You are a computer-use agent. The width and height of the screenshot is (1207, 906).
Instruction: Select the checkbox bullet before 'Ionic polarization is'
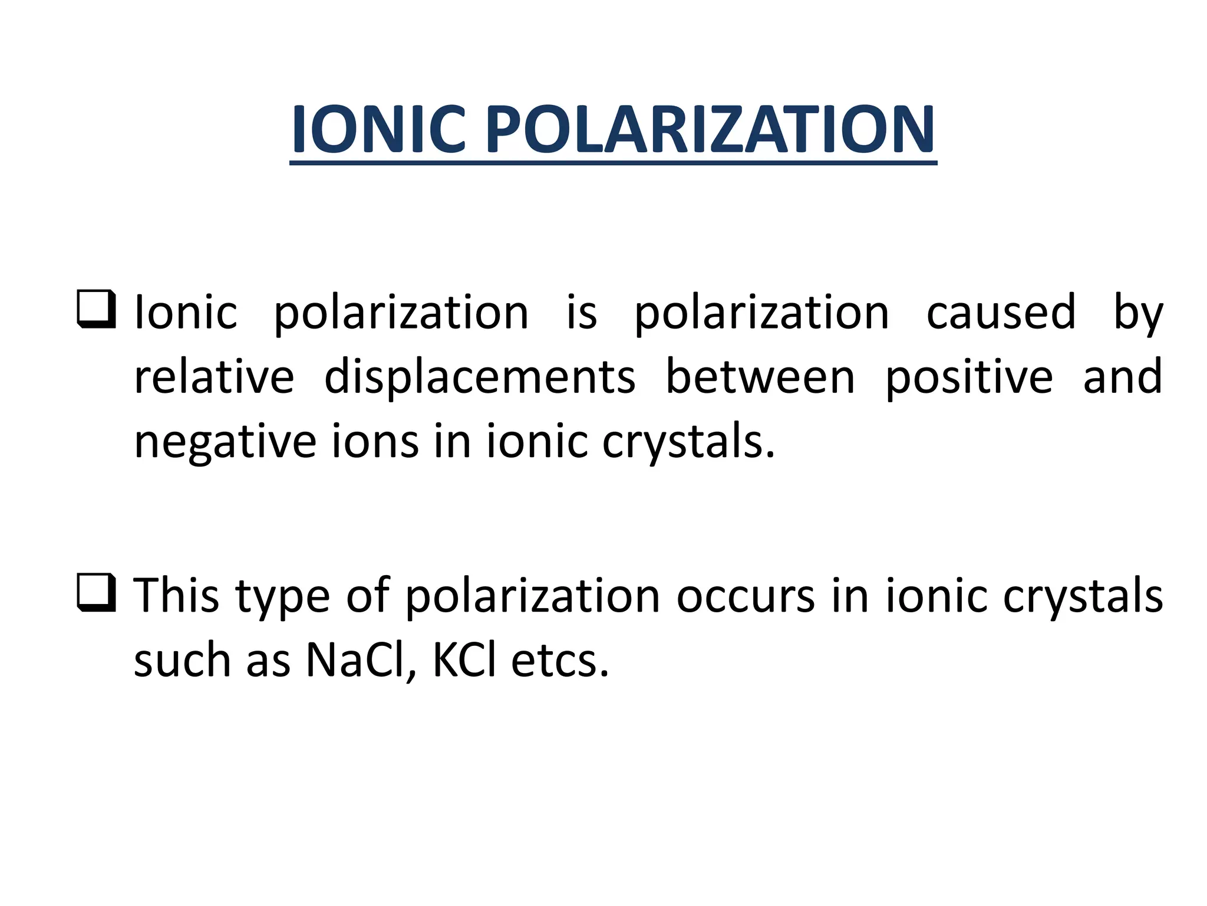pyautogui.click(x=95, y=309)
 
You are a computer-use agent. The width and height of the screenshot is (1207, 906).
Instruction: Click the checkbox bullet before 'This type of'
pyautogui.click(x=95, y=592)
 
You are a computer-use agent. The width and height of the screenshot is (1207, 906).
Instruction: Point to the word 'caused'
pyautogui.click(x=1001, y=312)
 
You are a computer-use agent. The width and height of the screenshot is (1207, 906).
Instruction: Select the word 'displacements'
pyautogui.click(x=480, y=377)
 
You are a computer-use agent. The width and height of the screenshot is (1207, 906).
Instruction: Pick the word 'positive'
pyautogui.click(x=969, y=377)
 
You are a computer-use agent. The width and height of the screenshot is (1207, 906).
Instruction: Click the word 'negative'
pyautogui.click(x=225, y=442)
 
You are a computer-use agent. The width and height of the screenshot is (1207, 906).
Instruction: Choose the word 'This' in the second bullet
pyautogui.click(x=176, y=595)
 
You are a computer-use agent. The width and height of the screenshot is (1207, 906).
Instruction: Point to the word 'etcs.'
pyautogui.click(x=559, y=661)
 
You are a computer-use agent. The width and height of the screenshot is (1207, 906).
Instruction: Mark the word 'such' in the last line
pyautogui.click(x=182, y=660)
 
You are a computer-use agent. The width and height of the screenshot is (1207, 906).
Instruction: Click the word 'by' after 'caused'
pyautogui.click(x=1138, y=313)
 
